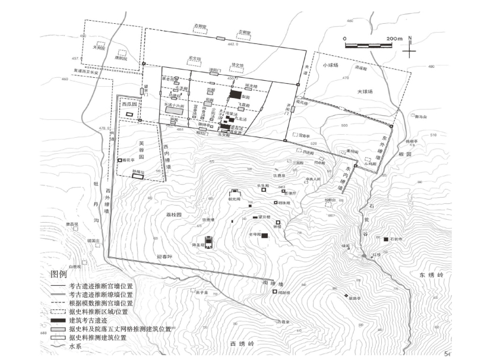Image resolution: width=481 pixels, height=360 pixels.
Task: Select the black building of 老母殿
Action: [264, 236]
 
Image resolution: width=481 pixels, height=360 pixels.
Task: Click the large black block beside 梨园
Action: [236, 94]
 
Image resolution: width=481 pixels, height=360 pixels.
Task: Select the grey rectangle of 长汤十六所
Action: [173, 110]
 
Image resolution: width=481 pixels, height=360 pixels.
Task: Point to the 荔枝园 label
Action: [172, 213]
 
